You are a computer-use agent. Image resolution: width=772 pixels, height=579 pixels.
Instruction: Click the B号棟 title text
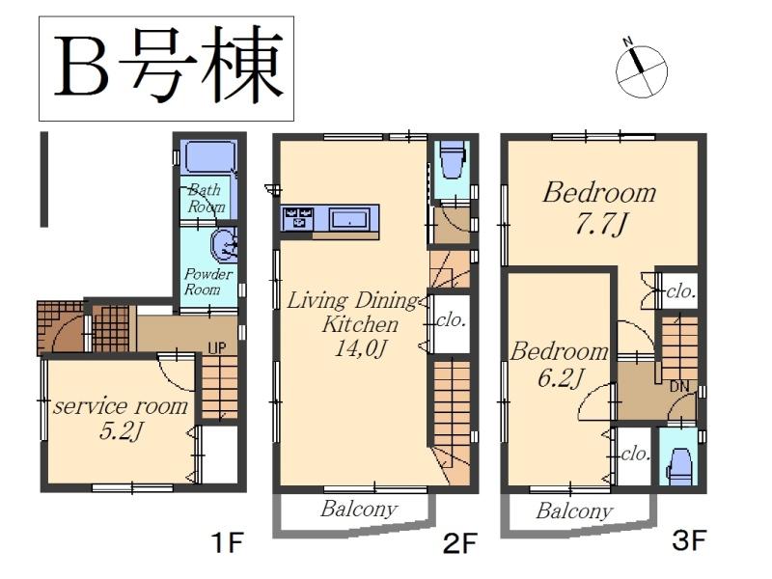pyautogui.click(x=165, y=67)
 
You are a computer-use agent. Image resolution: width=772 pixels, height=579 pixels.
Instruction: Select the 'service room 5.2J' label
pyautogui.click(x=120, y=418)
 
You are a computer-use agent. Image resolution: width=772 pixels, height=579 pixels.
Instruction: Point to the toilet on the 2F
pyautogui.click(x=450, y=161)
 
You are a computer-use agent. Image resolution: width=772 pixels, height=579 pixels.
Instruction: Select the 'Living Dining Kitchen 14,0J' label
pyautogui.click(x=353, y=323)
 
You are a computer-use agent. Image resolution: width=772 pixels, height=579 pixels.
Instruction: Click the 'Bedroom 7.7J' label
pyautogui.click(x=598, y=206)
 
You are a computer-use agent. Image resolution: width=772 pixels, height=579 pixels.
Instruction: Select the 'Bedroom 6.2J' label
pyautogui.click(x=559, y=364)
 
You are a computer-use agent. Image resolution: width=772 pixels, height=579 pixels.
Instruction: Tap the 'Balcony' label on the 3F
pyautogui.click(x=574, y=510)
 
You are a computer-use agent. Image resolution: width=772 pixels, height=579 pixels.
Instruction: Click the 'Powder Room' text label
pyautogui.click(x=209, y=281)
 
